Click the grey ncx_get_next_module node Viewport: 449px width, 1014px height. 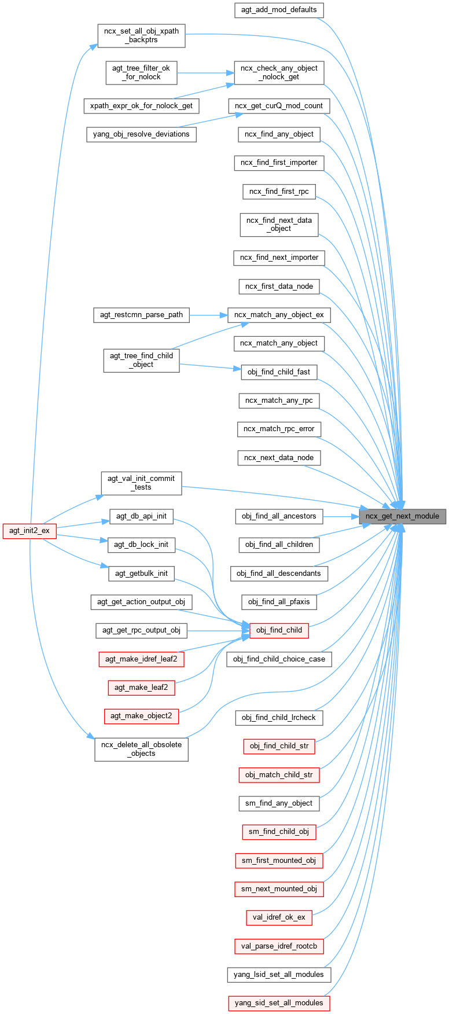pyautogui.click(x=402, y=516)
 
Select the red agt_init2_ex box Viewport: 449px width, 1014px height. pyautogui.click(x=30, y=531)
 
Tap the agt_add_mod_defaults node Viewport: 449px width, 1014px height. pyautogui.click(x=279, y=10)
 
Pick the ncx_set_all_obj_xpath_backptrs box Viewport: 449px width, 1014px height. pyautogui.click(x=141, y=35)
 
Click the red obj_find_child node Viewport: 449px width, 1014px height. pyautogui.click(x=279, y=630)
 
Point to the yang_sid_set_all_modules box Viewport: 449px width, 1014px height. pyautogui.click(x=279, y=1003)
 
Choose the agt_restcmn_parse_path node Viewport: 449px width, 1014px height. pyautogui.click(x=141, y=315)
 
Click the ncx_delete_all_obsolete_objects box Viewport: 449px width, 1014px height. pyautogui.click(x=141, y=749)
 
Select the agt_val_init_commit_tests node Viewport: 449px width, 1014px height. pyautogui.click(x=141, y=483)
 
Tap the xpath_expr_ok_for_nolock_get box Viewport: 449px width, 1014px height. pyautogui.click(x=141, y=106)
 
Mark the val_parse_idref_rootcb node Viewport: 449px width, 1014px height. pyautogui.click(x=279, y=946)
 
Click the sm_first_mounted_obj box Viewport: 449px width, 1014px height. pyautogui.click(x=279, y=861)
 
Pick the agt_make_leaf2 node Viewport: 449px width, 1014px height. pyautogui.click(x=141, y=688)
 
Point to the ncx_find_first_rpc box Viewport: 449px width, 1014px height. pyautogui.click(x=279, y=192)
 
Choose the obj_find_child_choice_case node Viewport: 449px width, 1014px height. pyautogui.click(x=279, y=659)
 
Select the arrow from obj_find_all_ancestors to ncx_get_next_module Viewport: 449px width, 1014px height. pyautogui.click(x=341, y=516)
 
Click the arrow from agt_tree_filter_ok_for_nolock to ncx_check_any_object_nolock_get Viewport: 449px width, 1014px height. pyautogui.click(x=205, y=73)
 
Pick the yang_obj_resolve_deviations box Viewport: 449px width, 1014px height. pyautogui.click(x=141, y=134)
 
